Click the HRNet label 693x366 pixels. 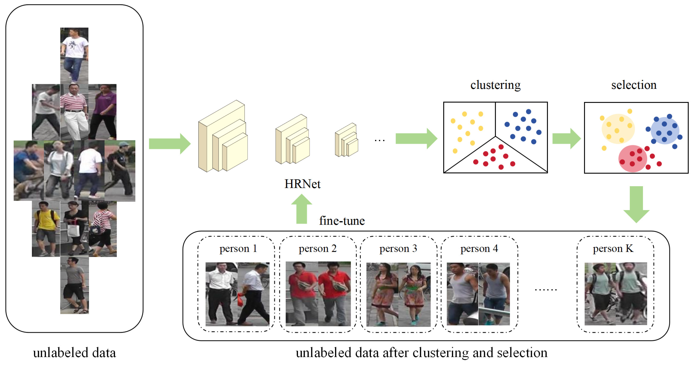point(302,184)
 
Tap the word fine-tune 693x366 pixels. point(342,221)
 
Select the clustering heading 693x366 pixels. point(495,85)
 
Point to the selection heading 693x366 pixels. point(634,85)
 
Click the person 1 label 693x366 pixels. point(238,248)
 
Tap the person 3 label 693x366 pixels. point(398,248)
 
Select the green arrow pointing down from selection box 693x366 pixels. point(636,204)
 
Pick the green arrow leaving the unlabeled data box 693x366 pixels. point(169,144)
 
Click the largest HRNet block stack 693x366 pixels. point(223,137)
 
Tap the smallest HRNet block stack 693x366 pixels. point(346,140)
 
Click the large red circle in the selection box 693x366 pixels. point(632,158)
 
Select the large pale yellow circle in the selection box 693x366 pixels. point(618,128)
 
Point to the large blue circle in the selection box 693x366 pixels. point(665,130)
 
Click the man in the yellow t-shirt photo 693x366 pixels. point(46,228)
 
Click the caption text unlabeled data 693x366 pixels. point(74,353)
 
